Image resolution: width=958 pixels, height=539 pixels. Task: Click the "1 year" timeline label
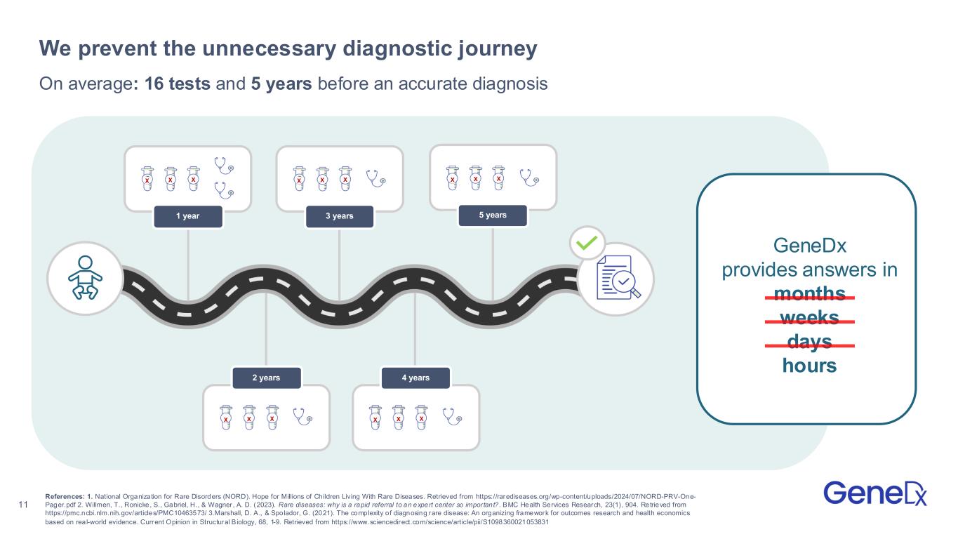click(187, 216)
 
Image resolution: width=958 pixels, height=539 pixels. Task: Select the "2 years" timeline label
click(266, 378)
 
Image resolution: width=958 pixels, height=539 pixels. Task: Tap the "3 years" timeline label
click(340, 216)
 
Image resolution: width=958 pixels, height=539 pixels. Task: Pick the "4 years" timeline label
click(415, 378)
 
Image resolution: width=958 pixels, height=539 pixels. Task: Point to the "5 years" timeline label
click(493, 215)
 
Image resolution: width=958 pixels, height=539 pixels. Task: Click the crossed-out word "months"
click(809, 293)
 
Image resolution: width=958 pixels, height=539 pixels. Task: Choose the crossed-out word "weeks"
click(809, 318)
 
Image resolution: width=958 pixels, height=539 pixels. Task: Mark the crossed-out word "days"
click(809, 342)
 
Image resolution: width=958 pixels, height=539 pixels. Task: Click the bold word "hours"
click(809, 366)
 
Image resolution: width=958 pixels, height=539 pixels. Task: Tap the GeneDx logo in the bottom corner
click(875, 493)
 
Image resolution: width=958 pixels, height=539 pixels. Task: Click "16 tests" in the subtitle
click(178, 84)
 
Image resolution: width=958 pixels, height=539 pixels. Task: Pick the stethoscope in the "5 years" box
click(529, 176)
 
